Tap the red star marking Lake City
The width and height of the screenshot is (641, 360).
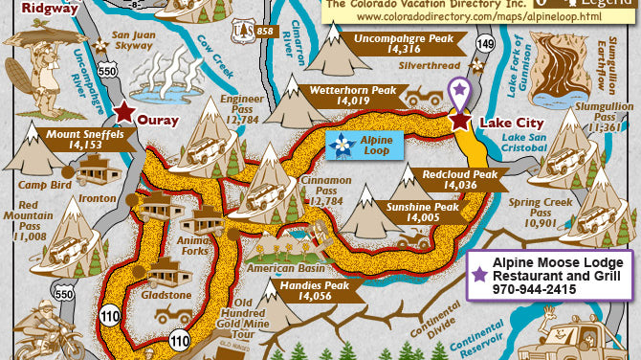click(x=461, y=121)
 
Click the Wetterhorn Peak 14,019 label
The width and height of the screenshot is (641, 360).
click(x=352, y=95)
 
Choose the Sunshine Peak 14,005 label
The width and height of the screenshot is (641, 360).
click(x=421, y=213)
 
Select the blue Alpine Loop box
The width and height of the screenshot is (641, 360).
click(x=367, y=146)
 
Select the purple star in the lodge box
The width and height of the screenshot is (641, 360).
click(x=479, y=274)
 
